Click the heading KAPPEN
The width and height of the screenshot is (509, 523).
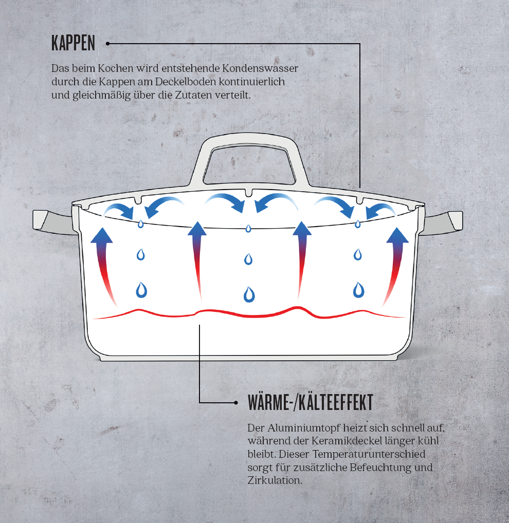tap(73, 44)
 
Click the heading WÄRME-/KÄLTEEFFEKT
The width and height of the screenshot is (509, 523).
tap(310, 403)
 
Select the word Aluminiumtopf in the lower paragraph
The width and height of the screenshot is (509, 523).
tap(304, 428)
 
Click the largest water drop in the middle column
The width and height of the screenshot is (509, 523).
tap(249, 294)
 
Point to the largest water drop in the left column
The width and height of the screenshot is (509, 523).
tap(141, 290)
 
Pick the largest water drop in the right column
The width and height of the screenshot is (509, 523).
tap(358, 290)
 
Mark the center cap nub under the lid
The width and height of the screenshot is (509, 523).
tap(249, 193)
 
